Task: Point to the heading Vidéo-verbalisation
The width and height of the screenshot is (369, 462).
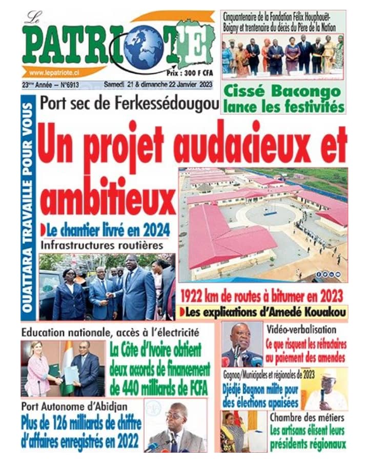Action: coord(301,330)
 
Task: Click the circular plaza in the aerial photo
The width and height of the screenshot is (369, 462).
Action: coord(271,213)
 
